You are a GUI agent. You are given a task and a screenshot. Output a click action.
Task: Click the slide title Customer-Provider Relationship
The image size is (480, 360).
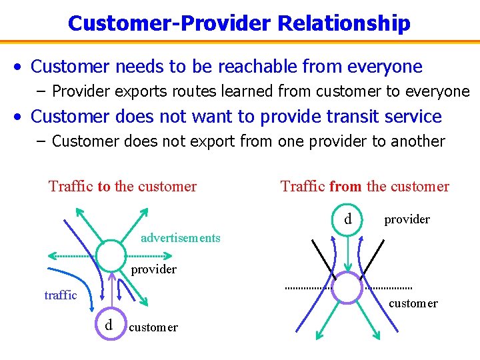click(x=239, y=23)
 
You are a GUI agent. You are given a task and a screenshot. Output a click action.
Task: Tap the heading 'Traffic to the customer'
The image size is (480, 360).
click(x=123, y=187)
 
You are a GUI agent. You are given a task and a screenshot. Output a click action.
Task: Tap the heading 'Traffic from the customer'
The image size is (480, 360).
click(x=365, y=187)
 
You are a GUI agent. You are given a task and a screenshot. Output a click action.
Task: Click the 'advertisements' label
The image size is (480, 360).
click(x=180, y=238)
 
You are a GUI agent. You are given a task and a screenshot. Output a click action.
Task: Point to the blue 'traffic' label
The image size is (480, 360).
click(x=61, y=295)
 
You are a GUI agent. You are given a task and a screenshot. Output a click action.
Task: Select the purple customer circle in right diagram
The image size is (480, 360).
click(x=347, y=287)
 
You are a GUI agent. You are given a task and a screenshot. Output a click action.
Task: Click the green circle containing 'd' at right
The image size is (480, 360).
click(x=347, y=219)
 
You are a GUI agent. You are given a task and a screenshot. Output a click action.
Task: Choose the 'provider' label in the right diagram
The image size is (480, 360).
click(x=407, y=219)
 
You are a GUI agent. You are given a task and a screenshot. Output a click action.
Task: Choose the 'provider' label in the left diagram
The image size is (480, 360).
click(x=153, y=269)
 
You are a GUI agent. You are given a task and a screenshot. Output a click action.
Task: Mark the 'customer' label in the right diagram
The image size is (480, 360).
click(x=413, y=304)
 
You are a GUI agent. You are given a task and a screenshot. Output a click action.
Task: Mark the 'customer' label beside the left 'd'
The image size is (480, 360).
click(x=153, y=327)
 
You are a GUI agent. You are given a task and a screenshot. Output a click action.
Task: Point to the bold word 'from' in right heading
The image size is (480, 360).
click(x=345, y=187)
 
